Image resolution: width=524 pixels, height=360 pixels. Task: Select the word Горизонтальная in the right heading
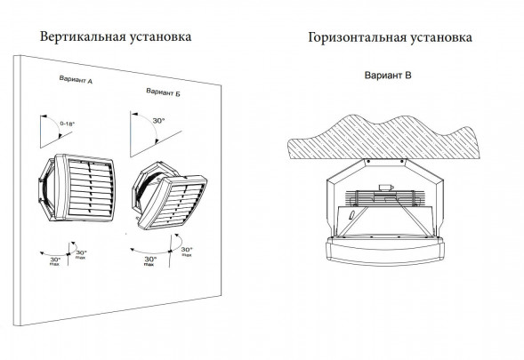pos(356,38)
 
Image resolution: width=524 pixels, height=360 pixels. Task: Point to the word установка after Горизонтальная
pos(440,38)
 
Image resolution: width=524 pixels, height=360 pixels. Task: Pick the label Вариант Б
pos(164,93)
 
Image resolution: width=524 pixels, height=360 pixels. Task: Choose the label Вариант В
pos(388,76)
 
